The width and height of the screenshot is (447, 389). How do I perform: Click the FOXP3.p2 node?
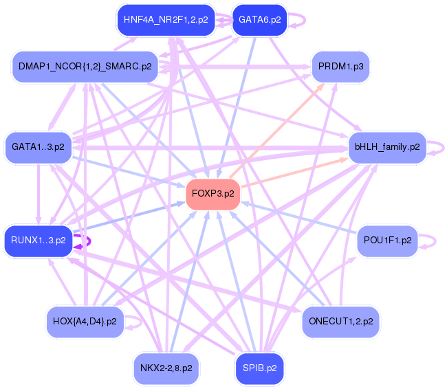point(213,193)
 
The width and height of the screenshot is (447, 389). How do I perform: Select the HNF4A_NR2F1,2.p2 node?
point(165,20)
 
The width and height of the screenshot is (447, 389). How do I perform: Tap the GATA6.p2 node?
point(259,20)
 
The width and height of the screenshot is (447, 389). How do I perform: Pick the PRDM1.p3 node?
point(341,67)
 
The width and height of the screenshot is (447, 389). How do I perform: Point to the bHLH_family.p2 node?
point(387,146)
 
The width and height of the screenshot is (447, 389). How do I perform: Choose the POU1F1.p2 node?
point(388,240)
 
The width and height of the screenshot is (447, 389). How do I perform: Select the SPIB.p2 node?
point(259,368)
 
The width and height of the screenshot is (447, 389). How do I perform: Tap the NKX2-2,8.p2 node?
point(166,368)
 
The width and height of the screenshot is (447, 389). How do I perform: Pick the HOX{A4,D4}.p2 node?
point(85,321)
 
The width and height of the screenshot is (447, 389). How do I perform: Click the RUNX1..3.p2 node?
point(39,240)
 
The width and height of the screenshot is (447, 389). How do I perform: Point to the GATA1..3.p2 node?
point(39,146)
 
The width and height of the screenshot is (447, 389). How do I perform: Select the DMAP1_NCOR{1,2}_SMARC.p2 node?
point(85,67)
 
